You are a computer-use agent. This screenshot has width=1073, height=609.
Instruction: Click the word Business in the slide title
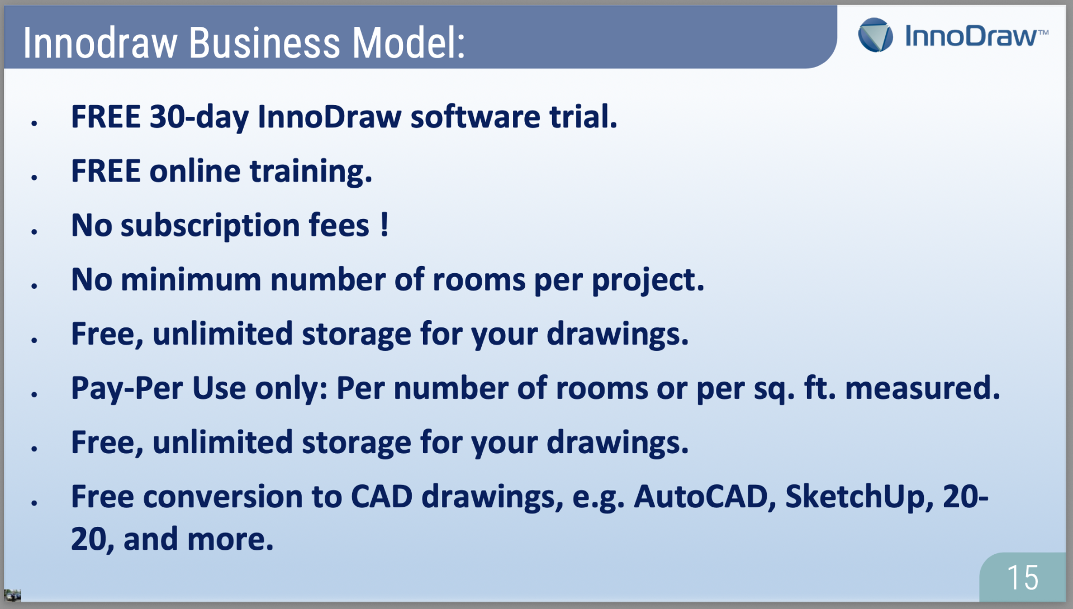coord(264,43)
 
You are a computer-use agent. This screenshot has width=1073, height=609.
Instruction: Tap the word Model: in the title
coord(408,43)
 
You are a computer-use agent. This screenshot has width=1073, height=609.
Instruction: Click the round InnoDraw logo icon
coord(875,35)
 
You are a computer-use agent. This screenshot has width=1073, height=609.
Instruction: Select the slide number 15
coord(1022,577)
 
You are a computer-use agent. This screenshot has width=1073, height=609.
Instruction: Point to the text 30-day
coord(200,117)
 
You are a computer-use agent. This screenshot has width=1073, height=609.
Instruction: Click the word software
coord(476,117)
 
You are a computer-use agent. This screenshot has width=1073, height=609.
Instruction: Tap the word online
coord(195,171)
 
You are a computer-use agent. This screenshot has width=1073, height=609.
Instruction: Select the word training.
coord(311,172)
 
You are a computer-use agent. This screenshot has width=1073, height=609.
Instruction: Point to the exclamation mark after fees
coord(384,225)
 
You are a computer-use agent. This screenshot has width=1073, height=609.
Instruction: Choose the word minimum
coord(191,279)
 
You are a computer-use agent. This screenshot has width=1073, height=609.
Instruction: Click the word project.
coord(648,280)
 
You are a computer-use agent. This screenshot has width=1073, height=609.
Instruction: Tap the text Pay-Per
coord(127,389)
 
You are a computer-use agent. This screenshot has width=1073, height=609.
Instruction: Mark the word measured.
coord(923,388)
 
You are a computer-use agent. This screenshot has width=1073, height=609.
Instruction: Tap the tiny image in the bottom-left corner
coord(12,596)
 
